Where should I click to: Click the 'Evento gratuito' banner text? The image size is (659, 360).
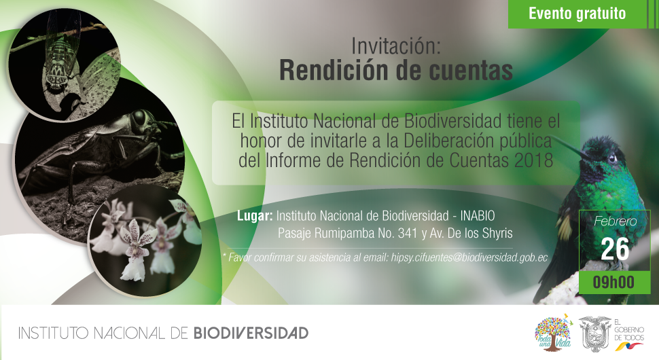pyautogui.click(x=577, y=14)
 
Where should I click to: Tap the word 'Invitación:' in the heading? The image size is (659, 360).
pyautogui.click(x=396, y=46)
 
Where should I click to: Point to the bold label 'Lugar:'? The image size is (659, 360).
pyautogui.click(x=255, y=216)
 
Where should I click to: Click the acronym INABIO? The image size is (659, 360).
pyautogui.click(x=478, y=216)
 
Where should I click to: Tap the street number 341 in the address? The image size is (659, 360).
pyautogui.click(x=407, y=233)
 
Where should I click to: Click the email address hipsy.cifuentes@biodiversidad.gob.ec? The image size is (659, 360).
pyautogui.click(x=469, y=257)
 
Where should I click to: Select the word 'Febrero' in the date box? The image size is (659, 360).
pyautogui.click(x=616, y=221)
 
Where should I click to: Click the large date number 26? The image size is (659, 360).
pyautogui.click(x=615, y=249)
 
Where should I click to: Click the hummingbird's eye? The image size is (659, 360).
pyautogui.click(x=612, y=158)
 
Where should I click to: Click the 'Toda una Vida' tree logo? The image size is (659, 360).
pyautogui.click(x=553, y=333)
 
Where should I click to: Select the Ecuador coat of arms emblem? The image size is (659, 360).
pyautogui.click(x=594, y=334)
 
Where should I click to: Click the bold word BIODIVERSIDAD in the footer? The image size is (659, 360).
pyautogui.click(x=251, y=334)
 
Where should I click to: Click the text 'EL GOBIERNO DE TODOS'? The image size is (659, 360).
pyautogui.click(x=628, y=329)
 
